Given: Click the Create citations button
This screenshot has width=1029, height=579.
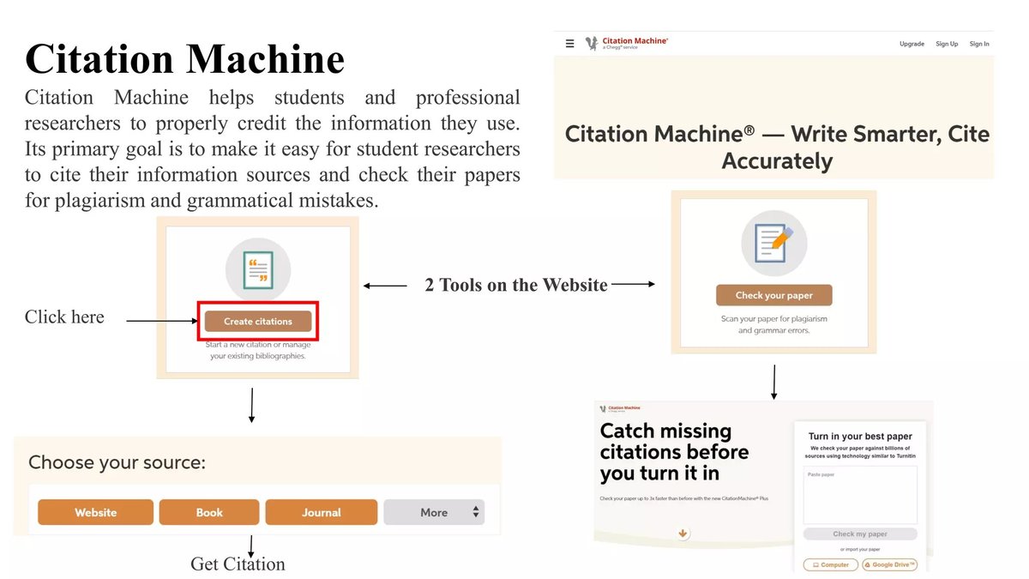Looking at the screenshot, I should [258, 322].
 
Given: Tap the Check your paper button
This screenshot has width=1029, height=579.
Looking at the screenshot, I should [773, 295].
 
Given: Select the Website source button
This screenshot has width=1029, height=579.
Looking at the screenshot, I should [95, 512].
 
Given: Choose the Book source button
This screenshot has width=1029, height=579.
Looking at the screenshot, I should [209, 512].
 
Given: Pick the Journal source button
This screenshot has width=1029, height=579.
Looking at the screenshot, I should [321, 512].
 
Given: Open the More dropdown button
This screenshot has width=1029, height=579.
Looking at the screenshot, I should [434, 512].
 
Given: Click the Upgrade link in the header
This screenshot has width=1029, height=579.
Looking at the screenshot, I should [912, 44].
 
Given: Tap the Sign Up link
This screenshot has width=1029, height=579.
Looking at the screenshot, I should [947, 44].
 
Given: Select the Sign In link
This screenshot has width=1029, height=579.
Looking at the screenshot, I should [979, 44].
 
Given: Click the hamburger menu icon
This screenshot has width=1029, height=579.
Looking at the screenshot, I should [570, 44].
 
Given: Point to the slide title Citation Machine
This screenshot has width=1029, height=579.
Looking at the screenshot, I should [184, 59].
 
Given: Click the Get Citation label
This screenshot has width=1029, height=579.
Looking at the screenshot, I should [238, 564].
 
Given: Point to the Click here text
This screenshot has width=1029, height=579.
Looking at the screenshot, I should [64, 317].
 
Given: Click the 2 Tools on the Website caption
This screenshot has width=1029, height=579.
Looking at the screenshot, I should [516, 285].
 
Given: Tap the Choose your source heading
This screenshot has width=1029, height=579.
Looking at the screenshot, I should [117, 462].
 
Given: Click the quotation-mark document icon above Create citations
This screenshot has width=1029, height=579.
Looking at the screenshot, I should [258, 269].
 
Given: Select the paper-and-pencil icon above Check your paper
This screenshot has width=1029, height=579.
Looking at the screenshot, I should [773, 242].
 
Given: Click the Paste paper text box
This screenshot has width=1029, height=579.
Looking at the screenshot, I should [860, 495].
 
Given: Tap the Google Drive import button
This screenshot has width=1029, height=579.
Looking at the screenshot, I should [890, 564].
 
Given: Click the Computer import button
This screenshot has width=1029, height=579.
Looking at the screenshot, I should [829, 564].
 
